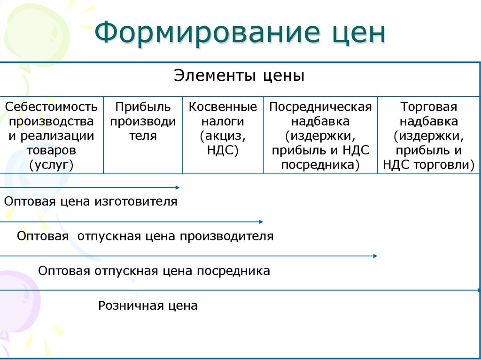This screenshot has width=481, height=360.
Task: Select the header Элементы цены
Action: click(239, 76)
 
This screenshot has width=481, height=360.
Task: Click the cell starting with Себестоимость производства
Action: click(51, 136)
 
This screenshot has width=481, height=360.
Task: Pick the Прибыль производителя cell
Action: click(143, 122)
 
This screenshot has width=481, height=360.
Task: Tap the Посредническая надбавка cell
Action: click(320, 136)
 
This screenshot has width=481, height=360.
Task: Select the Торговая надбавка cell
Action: click(428, 136)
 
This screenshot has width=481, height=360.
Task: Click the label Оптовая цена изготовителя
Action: click(91, 202)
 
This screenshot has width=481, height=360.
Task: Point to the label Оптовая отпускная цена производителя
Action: click(145, 236)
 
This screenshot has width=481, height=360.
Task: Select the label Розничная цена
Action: click(148, 306)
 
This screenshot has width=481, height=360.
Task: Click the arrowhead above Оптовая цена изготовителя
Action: click(178, 187)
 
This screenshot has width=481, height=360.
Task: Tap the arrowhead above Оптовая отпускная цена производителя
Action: click(261, 221)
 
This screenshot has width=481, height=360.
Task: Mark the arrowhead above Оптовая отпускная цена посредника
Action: click(375, 256)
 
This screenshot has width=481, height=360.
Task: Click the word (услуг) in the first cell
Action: click(51, 165)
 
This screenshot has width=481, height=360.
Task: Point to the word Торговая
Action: click(428, 107)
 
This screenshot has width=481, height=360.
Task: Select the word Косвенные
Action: click(223, 107)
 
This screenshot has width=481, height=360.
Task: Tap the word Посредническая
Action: click(320, 107)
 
